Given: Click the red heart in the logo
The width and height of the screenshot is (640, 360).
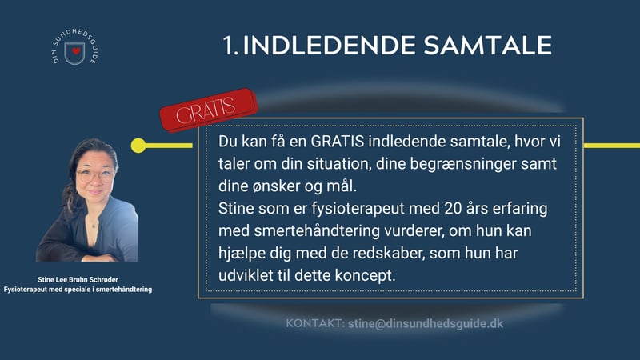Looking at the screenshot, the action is pyautogui.click(x=76, y=51).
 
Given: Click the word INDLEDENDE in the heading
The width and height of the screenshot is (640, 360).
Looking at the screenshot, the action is pyautogui.click(x=329, y=45).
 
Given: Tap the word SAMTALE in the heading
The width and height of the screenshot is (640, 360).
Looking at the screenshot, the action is pyautogui.click(x=488, y=45).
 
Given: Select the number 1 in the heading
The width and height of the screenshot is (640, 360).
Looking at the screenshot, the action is pyautogui.click(x=228, y=46).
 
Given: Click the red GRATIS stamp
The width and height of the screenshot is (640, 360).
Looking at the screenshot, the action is pyautogui.click(x=208, y=110).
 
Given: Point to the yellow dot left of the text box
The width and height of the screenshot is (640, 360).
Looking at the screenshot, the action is pyautogui.click(x=138, y=146).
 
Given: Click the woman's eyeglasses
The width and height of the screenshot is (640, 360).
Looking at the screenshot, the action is pyautogui.click(x=94, y=175).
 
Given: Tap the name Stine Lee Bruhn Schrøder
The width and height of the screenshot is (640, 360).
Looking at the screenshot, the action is pyautogui.click(x=78, y=279).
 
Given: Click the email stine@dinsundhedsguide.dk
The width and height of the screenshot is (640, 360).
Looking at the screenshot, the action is pyautogui.click(x=426, y=324).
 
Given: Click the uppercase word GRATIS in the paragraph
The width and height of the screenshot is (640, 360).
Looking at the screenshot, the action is pyautogui.click(x=337, y=142).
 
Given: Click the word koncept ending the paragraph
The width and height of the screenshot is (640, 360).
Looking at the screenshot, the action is pyautogui.click(x=366, y=276).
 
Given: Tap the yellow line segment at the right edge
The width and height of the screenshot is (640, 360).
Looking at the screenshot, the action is pyautogui.click(x=612, y=146).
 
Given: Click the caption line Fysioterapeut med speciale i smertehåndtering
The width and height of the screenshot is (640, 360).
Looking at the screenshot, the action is pyautogui.click(x=78, y=290).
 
